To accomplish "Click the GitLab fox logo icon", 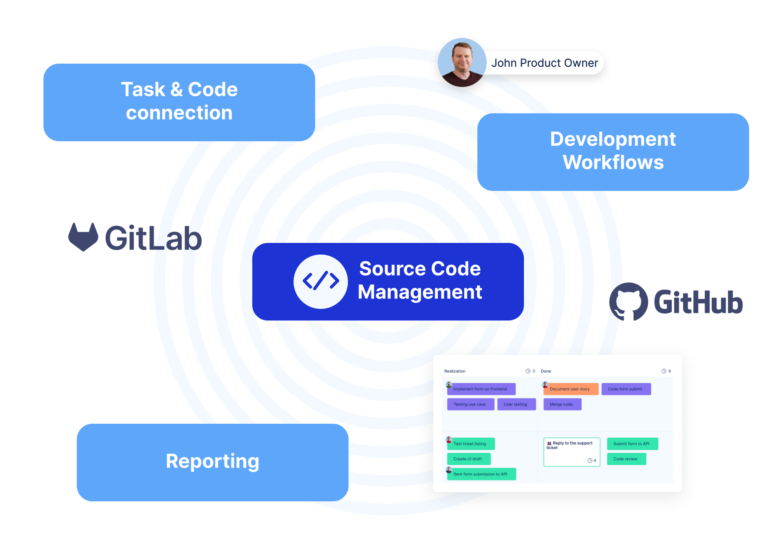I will coord(83,237).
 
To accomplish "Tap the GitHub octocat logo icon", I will coord(628,302).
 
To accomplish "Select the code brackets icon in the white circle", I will coord(321,281).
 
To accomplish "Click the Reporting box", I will coord(212,462).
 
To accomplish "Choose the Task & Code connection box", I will coord(179,102).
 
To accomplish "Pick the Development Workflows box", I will coord(612,152).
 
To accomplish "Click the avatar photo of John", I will coord(462,62).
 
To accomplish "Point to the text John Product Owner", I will coord(544,63).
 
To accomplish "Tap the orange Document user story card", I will coord(570,389).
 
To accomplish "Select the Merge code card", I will coord(562,404).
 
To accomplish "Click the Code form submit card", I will coord(626,389).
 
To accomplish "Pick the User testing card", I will coord(516,404).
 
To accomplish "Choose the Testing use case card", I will coord(470,404).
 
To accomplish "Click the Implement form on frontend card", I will coord(481,389).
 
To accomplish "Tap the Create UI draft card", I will coord(468,459).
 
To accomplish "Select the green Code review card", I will coord(626,459).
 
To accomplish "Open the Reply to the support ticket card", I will coord(571,451).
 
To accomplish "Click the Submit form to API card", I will coord(632,444).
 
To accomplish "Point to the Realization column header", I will coord(455,371).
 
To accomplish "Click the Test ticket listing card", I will coord(470,444).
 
